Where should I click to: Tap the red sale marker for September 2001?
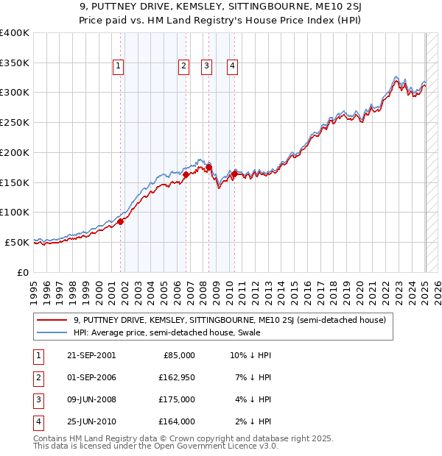pyautogui.click(x=120, y=222)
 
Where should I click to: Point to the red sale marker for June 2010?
pyautogui.click(x=234, y=174)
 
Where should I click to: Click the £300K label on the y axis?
pyautogui.click(x=15, y=93)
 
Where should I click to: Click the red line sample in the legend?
pyautogui.click(x=52, y=320)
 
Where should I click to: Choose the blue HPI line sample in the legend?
pyautogui.click(x=52, y=332)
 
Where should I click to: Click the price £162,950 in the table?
pyautogui.click(x=177, y=377)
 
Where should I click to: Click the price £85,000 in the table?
pyautogui.click(x=179, y=355)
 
